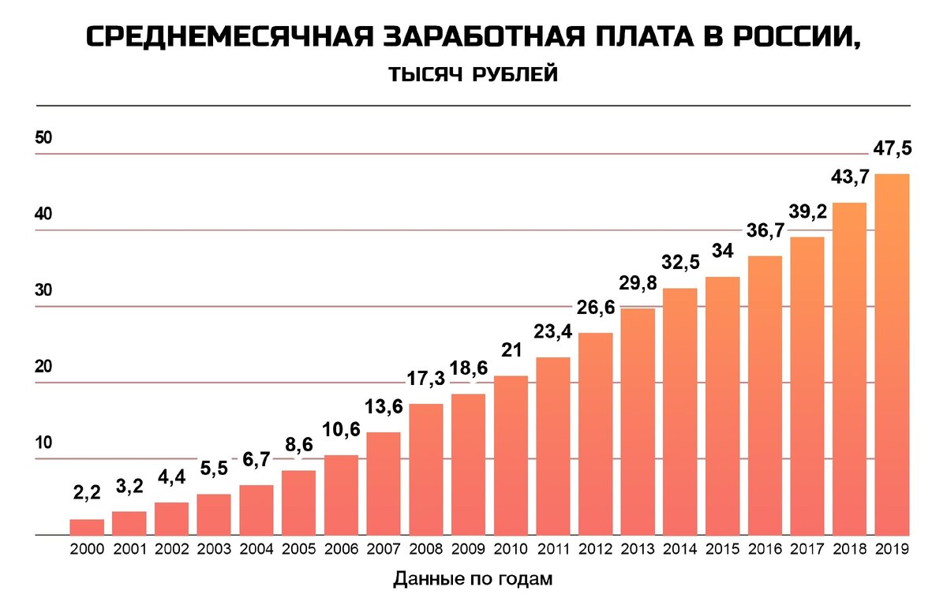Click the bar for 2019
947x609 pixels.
(x=892, y=355)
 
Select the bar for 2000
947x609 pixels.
(x=87, y=527)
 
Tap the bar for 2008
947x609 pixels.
(x=426, y=469)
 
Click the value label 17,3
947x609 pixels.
(x=426, y=379)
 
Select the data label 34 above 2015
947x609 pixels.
(x=722, y=252)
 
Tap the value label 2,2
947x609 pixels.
(x=87, y=494)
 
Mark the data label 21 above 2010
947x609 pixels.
(x=511, y=350)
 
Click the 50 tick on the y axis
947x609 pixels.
(x=43, y=138)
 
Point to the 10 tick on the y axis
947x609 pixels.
(x=43, y=443)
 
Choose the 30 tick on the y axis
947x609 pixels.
(x=43, y=290)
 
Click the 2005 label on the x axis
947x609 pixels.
(x=298, y=550)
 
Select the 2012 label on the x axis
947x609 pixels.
(x=595, y=550)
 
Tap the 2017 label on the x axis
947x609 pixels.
(x=807, y=550)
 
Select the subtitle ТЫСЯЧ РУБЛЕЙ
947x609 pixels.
(x=473, y=75)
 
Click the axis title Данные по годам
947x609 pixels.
(x=473, y=580)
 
